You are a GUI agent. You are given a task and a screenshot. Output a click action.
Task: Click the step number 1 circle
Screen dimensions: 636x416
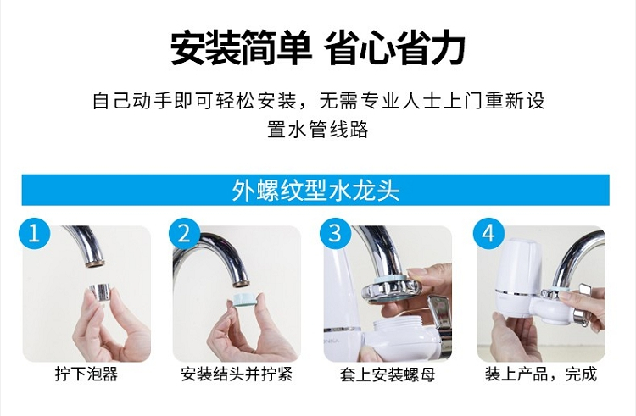pyautogui.click(x=34, y=234)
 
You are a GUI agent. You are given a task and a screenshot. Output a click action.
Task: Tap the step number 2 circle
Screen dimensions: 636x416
pyautogui.click(x=184, y=234)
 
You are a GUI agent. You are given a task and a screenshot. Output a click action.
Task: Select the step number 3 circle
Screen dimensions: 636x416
pyautogui.click(x=335, y=234)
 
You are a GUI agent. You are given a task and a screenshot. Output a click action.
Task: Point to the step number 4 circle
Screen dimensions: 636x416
pyautogui.click(x=488, y=234)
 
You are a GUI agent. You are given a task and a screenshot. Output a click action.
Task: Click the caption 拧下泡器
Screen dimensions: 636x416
pyautogui.click(x=86, y=374)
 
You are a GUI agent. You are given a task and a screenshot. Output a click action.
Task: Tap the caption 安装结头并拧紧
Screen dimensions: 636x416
pyautogui.click(x=237, y=374)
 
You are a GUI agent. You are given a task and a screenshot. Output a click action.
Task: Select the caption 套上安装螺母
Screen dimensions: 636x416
pyautogui.click(x=388, y=374)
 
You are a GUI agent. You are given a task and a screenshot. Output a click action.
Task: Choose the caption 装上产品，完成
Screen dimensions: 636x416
pyautogui.click(x=541, y=374)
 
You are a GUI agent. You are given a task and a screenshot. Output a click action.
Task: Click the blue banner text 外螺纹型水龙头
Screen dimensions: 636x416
pyautogui.click(x=315, y=190)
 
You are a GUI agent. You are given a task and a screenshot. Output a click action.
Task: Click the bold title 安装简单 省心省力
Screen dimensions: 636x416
pyautogui.click(x=318, y=47)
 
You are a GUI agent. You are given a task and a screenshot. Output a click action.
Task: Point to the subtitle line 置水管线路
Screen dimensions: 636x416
pyautogui.click(x=318, y=130)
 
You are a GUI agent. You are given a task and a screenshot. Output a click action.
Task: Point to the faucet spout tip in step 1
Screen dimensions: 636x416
pyautogui.click(x=95, y=263)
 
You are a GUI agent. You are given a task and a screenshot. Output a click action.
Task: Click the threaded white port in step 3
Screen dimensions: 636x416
pyautogui.click(x=397, y=324)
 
